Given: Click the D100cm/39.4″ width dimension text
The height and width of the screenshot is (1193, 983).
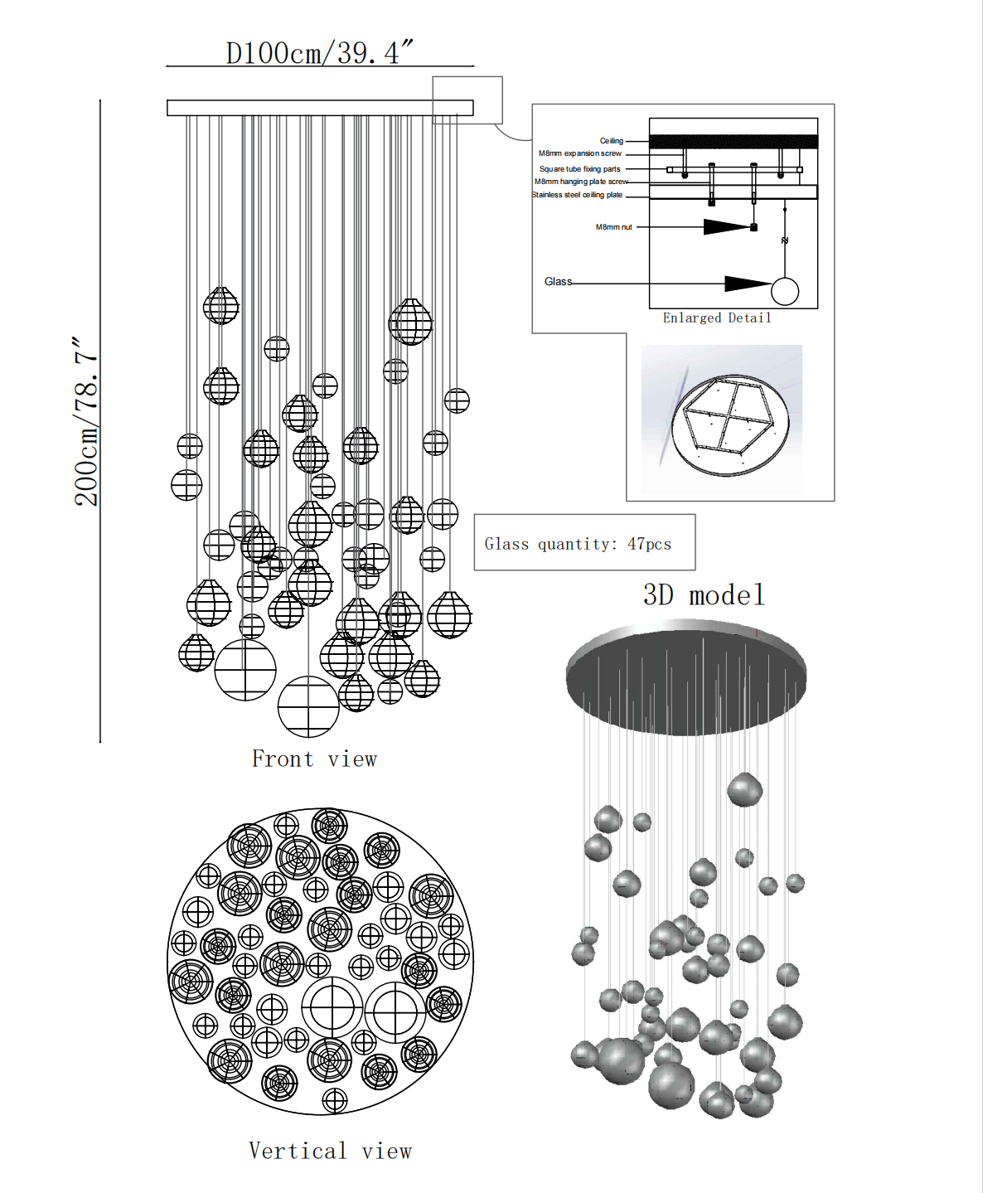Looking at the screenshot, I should tap(319, 52).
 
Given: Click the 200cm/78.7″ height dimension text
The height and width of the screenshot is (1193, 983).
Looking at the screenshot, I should tap(87, 421).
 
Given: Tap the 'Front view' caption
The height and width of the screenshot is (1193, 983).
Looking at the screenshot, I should tap(314, 759).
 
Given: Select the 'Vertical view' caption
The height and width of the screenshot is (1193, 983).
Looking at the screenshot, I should tap(330, 1151).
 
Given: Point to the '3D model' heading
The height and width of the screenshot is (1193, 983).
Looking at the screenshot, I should tap(704, 594).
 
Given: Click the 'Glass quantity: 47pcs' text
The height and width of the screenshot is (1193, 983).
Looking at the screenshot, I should tap(578, 544).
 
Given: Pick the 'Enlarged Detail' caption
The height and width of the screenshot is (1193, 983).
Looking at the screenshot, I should tap(717, 318).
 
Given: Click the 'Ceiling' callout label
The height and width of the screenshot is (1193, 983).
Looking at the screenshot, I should tap(612, 141).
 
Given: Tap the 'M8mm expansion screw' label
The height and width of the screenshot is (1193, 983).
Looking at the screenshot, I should tap(579, 153).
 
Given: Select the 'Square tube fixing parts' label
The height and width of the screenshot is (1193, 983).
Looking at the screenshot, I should tap(579, 169).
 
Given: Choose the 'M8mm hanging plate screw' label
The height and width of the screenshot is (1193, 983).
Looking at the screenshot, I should tap(581, 182).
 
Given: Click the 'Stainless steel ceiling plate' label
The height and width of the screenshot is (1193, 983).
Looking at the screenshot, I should tap(577, 195).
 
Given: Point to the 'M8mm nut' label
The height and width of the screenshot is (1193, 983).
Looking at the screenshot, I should tap(613, 227).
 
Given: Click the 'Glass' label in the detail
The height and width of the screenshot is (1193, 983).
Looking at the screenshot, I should tap(558, 282).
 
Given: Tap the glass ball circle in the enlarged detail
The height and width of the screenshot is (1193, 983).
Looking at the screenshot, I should tap(785, 291).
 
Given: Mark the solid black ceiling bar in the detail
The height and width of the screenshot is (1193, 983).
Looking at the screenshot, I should tap(733, 142).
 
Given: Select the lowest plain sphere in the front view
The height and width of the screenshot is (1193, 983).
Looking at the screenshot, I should tap(308, 707).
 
